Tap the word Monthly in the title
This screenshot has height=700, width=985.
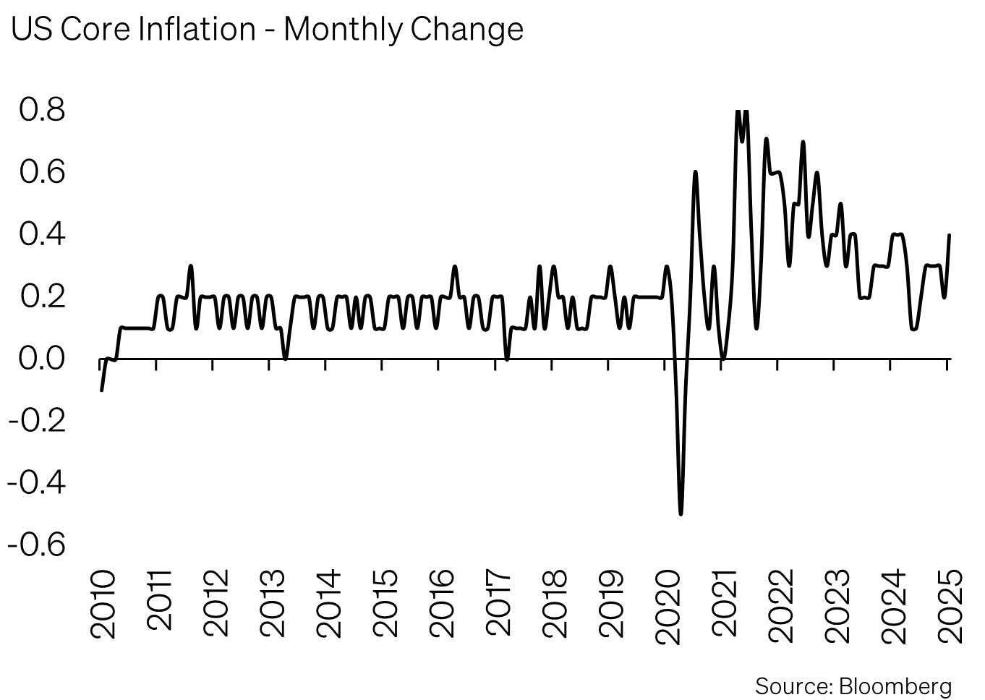pos(343,30)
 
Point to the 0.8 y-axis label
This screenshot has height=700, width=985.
pos(42,110)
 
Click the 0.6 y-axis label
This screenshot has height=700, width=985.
pos(42,172)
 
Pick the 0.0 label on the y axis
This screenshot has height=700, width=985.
pos(42,358)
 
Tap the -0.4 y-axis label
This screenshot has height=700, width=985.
pos(36,482)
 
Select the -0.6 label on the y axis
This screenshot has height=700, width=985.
pos(36,544)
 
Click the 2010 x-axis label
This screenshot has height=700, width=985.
pos(103,604)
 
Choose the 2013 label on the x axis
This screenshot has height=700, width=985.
pos(272,604)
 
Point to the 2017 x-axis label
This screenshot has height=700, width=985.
pos(498,604)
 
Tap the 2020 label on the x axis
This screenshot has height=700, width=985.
pos(668,604)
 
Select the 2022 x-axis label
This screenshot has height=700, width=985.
pos(780,604)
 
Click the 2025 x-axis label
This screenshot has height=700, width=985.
pos(950,604)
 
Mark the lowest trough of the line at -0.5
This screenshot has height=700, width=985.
pos(681,513)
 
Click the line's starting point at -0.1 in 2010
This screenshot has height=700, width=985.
pos(101,390)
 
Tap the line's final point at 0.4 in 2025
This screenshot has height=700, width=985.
pos(949,235)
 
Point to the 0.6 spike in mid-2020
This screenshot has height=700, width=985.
pos(695,172)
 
